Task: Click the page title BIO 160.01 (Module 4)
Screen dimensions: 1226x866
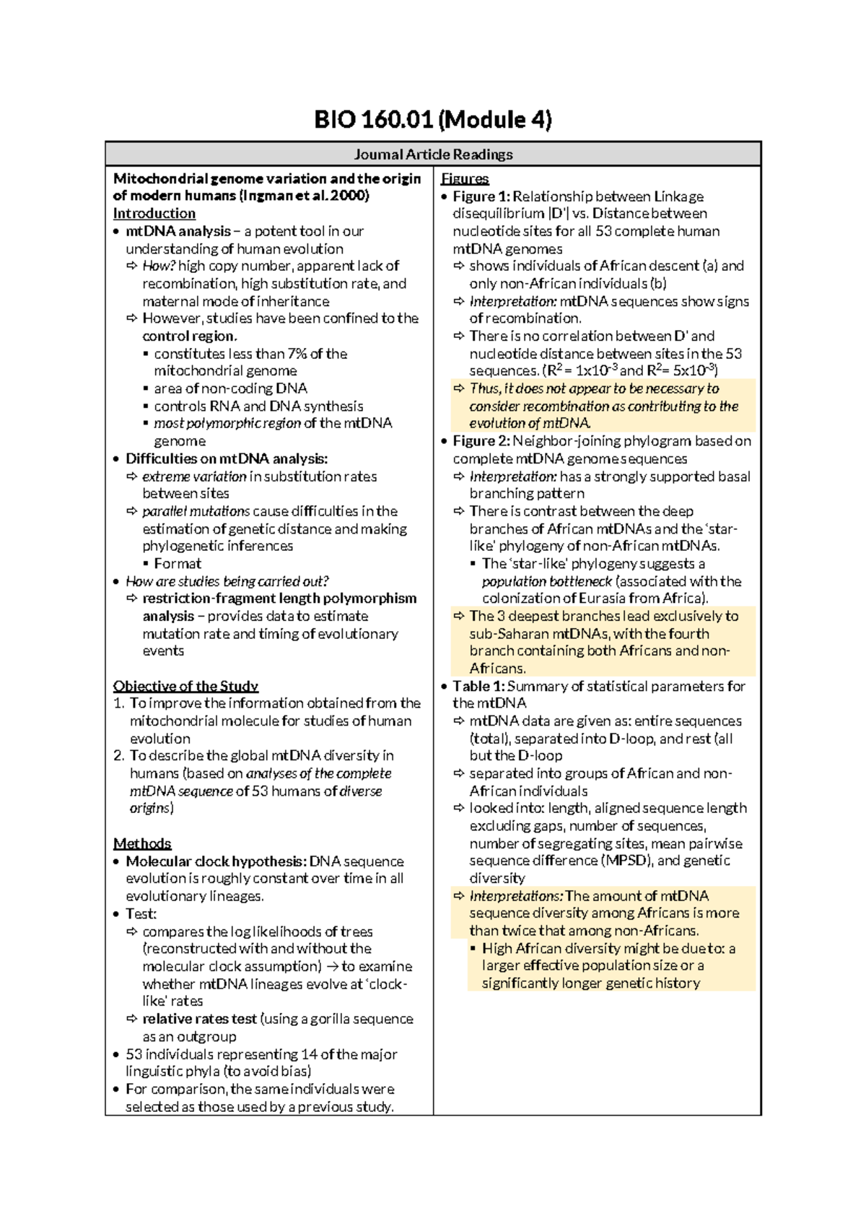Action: click(433, 120)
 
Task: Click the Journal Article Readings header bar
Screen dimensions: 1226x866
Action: click(433, 154)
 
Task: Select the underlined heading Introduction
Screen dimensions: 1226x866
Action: click(154, 214)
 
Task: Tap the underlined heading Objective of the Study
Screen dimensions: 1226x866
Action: click(185, 686)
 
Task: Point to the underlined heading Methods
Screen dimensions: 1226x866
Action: click(142, 843)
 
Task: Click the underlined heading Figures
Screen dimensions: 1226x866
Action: click(465, 178)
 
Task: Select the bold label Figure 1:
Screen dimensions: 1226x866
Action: click(481, 196)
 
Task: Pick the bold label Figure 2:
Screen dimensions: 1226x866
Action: click(481, 441)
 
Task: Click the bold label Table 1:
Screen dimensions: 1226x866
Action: click(478, 686)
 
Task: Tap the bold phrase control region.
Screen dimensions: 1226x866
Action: click(190, 336)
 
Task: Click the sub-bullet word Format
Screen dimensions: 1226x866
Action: click(178, 564)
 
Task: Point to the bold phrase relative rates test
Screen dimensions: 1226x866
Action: click(200, 1019)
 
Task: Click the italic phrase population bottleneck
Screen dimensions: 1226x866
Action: click(547, 581)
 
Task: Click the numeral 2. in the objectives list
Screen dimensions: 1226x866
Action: click(119, 756)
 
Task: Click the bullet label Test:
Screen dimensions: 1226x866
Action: click(141, 914)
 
